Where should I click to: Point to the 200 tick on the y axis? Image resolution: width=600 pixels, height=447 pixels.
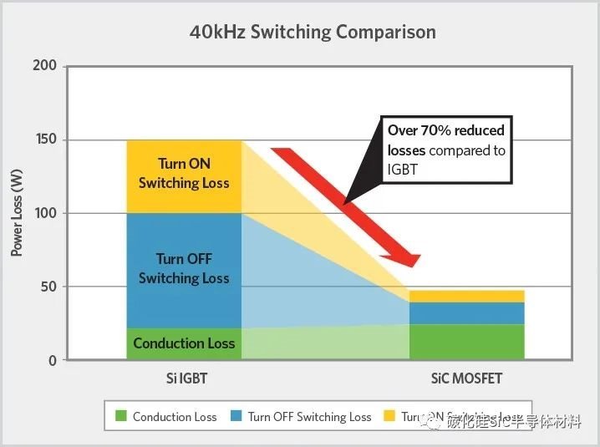click(x=46, y=66)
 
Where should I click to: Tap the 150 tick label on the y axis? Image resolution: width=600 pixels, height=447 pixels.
click(x=46, y=140)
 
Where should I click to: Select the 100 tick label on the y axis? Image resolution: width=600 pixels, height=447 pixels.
click(x=46, y=213)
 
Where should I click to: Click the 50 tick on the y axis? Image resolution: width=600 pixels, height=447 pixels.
click(x=49, y=287)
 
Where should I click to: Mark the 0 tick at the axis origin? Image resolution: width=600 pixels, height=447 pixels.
click(x=53, y=360)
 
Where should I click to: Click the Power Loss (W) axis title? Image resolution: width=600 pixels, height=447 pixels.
click(x=17, y=213)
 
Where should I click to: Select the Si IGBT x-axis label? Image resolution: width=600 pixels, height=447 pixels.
click(x=183, y=378)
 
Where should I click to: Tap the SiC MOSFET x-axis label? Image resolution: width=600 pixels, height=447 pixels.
click(x=466, y=378)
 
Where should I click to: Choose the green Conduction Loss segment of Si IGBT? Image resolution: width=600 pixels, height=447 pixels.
click(x=184, y=343)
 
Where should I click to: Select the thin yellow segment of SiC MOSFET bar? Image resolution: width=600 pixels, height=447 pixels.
click(x=466, y=297)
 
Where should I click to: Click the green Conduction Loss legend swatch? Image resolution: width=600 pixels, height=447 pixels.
click(x=120, y=416)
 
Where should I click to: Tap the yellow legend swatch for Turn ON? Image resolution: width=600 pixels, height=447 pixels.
click(x=389, y=416)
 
